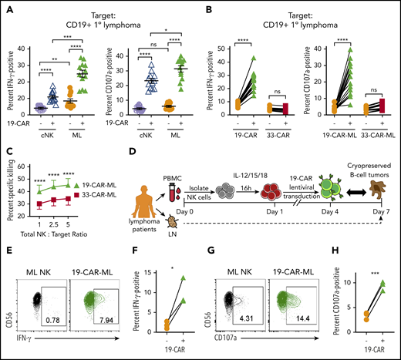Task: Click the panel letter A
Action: coord(6,7)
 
